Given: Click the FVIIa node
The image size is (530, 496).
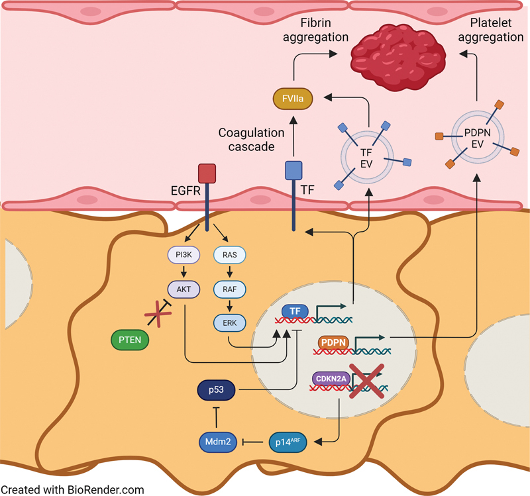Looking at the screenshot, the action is click(x=293, y=99).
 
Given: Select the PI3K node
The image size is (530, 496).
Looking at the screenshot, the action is click(x=184, y=255).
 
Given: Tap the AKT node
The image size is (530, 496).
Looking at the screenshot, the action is click(x=184, y=289).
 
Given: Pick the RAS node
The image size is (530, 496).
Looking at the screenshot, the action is click(x=229, y=255).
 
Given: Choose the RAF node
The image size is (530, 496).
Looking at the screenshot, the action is click(x=229, y=289).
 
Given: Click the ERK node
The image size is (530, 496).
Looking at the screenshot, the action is click(x=229, y=322).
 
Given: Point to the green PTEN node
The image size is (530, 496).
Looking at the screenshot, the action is click(x=130, y=340).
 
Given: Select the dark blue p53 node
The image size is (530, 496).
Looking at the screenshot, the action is click(x=216, y=390).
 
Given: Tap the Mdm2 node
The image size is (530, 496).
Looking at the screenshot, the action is click(x=218, y=442).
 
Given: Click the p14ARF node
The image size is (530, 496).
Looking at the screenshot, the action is click(x=288, y=442).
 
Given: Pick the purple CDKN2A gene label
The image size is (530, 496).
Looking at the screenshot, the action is click(x=331, y=379).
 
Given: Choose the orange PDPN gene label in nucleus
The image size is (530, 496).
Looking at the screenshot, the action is click(x=333, y=342).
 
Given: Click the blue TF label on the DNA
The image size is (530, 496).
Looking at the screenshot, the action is click(x=295, y=311).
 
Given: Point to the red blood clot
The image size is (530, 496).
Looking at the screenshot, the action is click(x=398, y=58).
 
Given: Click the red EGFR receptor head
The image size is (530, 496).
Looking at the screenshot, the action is click(x=207, y=174).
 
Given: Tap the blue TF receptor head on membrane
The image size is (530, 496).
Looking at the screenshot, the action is click(x=293, y=170).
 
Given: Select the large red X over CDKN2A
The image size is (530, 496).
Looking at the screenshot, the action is click(x=367, y=381).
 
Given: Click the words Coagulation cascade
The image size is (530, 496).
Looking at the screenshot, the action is click(x=251, y=140).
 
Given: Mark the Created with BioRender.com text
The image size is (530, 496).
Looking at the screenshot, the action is click(x=72, y=489).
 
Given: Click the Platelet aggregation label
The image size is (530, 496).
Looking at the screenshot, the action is click(x=490, y=30).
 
